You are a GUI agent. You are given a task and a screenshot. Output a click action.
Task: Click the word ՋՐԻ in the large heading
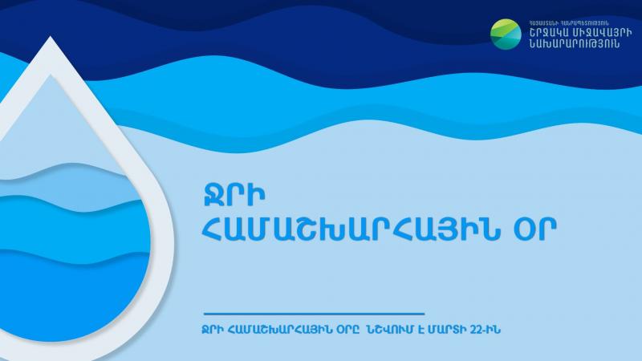coord(234,195)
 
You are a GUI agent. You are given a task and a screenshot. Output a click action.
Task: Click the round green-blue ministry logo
coord(506,34)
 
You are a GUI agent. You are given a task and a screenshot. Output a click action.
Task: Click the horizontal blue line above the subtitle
coord(314,314)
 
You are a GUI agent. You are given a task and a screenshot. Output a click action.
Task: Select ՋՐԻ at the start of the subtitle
coord(213,330)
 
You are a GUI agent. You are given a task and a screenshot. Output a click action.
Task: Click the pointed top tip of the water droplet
coord(51,37)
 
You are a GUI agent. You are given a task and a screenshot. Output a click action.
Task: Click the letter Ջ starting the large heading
coord(213,195)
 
